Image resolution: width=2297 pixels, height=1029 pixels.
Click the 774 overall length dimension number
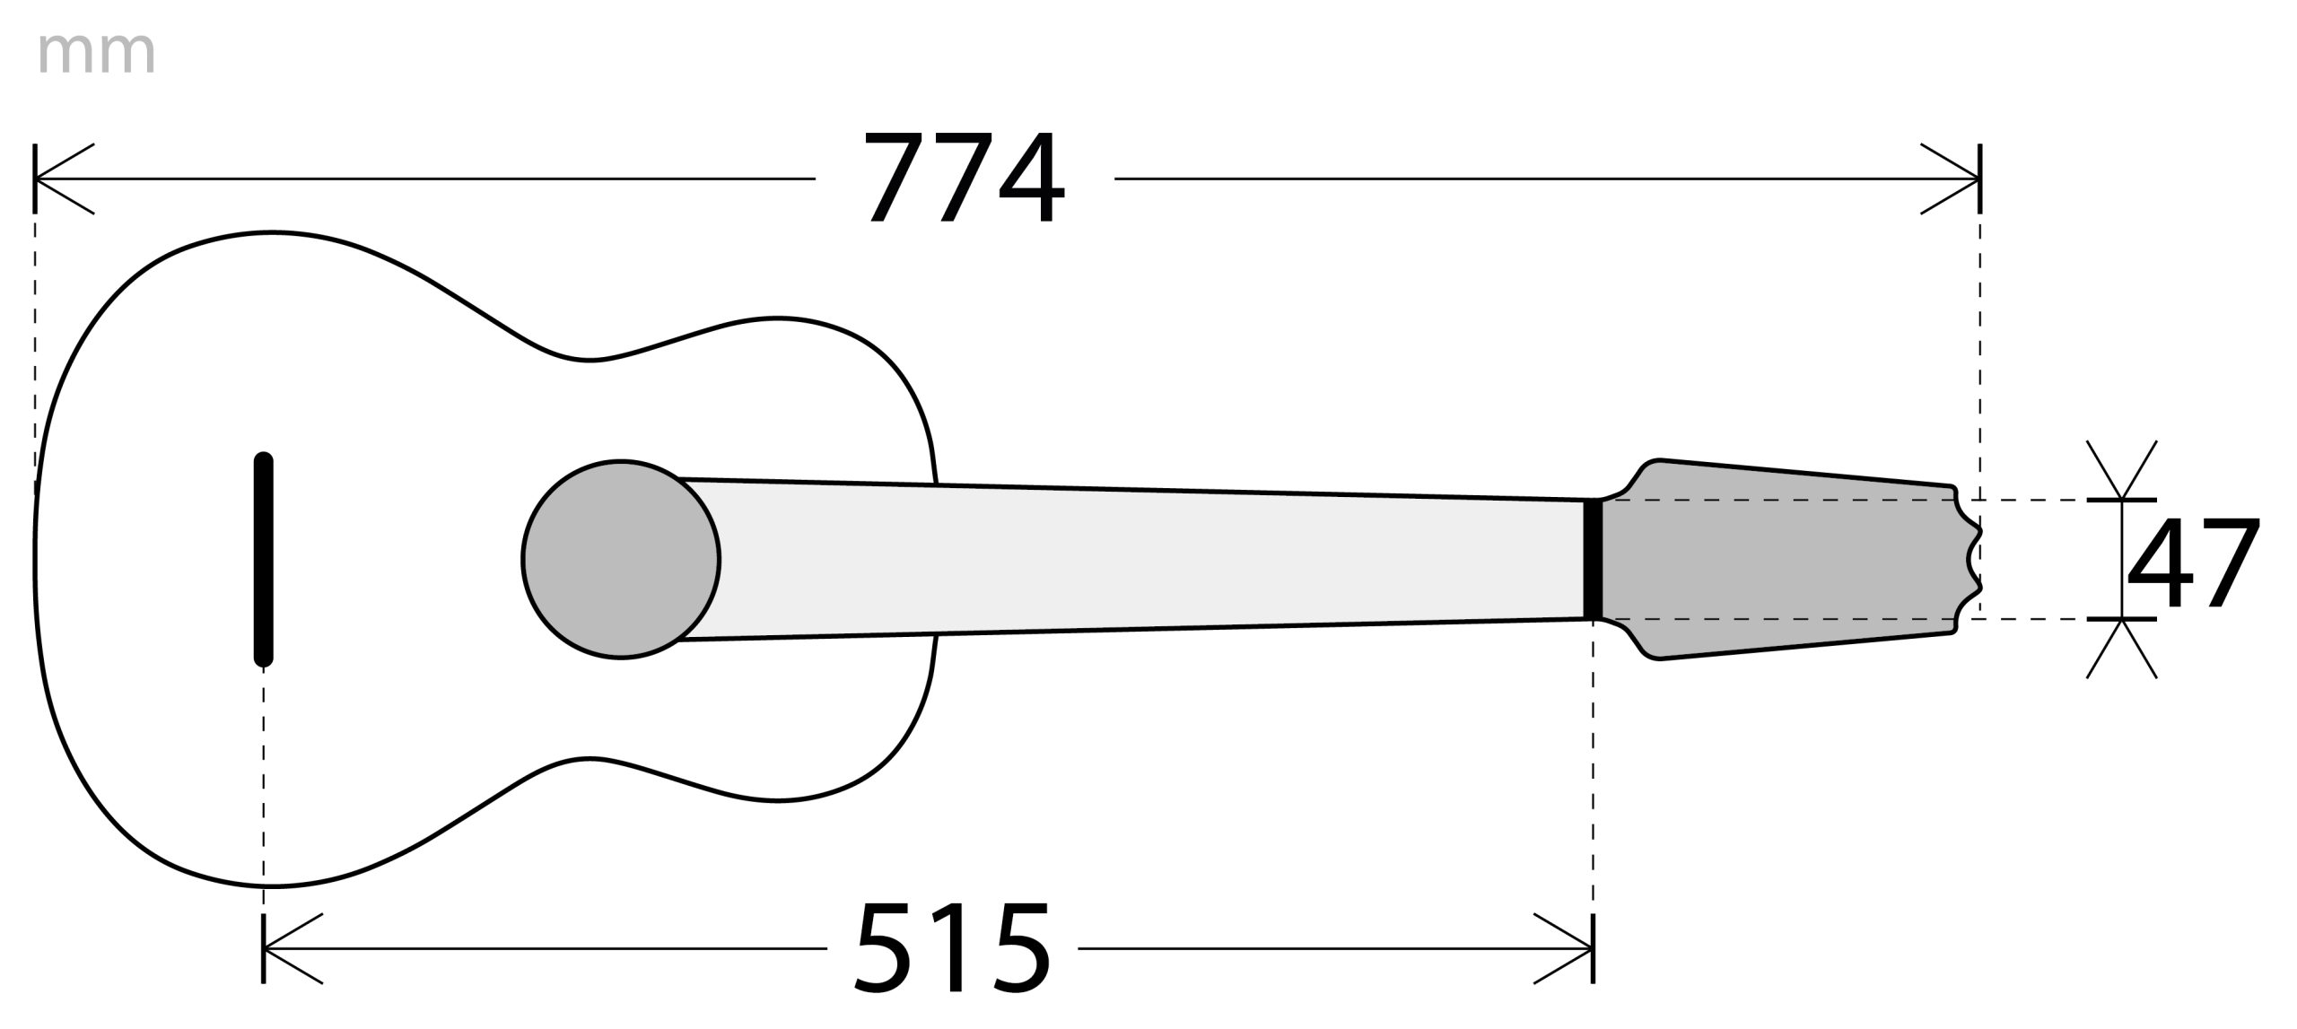[965, 178]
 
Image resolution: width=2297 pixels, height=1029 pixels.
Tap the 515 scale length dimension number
[952, 947]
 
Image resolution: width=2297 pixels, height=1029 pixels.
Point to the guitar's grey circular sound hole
[621, 559]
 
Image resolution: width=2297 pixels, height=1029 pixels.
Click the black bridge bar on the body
[263, 559]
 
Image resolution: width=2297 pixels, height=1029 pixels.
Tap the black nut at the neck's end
[1593, 560]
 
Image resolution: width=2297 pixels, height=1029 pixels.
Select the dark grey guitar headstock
[1786, 559]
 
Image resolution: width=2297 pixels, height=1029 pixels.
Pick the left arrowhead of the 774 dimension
[63, 179]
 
